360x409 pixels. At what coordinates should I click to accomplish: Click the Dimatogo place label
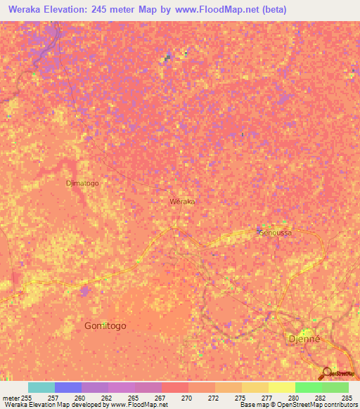point(82,183)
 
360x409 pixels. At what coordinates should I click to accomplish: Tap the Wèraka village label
point(182,202)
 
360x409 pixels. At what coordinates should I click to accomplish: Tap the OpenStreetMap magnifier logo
point(326,374)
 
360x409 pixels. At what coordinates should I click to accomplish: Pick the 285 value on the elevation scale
point(347,398)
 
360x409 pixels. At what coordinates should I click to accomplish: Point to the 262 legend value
point(107,398)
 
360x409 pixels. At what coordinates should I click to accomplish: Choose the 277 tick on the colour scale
point(267,398)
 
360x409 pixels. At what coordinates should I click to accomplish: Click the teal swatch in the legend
point(41,387)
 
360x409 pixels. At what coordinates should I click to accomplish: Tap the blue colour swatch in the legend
point(68,387)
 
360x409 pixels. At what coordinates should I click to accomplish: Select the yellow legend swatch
point(281,387)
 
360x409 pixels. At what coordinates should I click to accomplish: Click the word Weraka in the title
point(29,10)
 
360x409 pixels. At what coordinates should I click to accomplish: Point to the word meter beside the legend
point(11,398)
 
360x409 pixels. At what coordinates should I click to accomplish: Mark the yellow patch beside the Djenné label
point(307,333)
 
